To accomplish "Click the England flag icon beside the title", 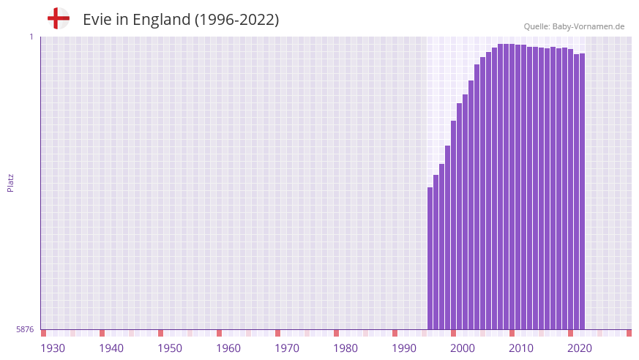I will [x=58, y=18].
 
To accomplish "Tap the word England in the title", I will [x=160, y=20].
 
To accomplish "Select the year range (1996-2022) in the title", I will [x=236, y=20].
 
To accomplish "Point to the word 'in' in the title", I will [x=123, y=20].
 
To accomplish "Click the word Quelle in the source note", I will [x=537, y=26].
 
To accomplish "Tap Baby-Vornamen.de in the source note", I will [x=588, y=26].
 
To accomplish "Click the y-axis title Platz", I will [x=10, y=183].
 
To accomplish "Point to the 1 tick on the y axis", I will [x=31, y=37].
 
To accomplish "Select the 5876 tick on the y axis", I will [x=25, y=330].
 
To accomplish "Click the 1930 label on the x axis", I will [x=53, y=348].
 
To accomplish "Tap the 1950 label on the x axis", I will [x=170, y=348].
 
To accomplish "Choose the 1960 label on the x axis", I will [x=228, y=348].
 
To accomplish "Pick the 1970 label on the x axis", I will [x=287, y=348].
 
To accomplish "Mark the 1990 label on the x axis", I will [x=404, y=348].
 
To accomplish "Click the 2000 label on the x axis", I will [x=463, y=348].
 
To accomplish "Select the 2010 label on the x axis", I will [x=521, y=348].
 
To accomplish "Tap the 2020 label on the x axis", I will [x=580, y=348].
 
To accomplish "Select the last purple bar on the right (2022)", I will [x=583, y=191].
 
